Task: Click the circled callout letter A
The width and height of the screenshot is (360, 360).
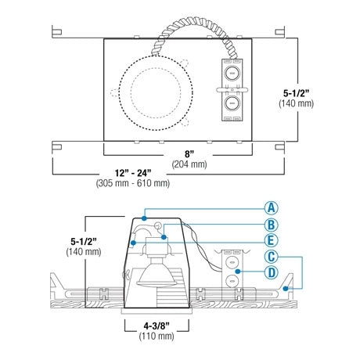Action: (272, 208)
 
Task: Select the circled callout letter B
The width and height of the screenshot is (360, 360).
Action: (272, 225)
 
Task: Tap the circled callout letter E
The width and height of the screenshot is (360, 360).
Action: (272, 240)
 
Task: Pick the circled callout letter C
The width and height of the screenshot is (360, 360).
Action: (272, 257)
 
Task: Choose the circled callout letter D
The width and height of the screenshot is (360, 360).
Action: (272, 272)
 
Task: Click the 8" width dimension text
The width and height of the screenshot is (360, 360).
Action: (189, 154)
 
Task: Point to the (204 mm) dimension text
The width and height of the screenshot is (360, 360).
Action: (189, 164)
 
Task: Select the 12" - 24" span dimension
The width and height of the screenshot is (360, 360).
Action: (133, 173)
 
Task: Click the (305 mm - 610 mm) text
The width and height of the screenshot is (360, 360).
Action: (133, 183)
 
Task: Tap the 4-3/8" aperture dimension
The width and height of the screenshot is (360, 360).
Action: (157, 326)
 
